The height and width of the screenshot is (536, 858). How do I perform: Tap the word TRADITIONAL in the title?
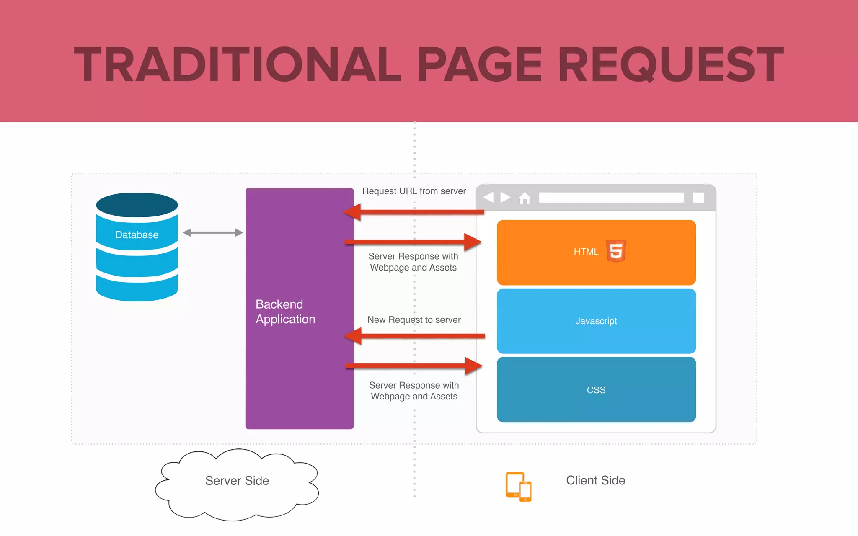tap(237, 65)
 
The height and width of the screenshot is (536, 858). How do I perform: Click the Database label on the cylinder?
tap(137, 235)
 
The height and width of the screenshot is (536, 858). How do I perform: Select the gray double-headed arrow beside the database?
tap(213, 232)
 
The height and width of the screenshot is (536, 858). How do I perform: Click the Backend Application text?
tap(285, 312)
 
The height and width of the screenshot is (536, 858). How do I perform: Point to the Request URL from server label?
tap(414, 191)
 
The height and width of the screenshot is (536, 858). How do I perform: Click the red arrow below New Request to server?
tap(415, 336)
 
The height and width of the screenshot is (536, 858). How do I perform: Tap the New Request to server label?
tap(414, 320)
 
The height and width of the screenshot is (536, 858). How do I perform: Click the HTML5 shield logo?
tap(616, 251)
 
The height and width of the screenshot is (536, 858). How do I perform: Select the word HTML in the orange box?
tap(586, 252)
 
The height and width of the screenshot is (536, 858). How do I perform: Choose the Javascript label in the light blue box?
tap(596, 321)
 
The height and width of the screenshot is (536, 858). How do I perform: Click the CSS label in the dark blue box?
tap(596, 390)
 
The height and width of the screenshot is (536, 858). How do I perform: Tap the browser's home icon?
tap(525, 198)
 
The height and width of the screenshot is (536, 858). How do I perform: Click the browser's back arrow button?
tap(488, 197)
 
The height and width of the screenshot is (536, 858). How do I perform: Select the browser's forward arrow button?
tap(506, 197)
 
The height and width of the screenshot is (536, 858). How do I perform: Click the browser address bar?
tap(611, 198)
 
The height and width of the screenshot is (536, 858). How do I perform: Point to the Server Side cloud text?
tap(237, 481)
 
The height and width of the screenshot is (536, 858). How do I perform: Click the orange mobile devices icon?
tap(518, 487)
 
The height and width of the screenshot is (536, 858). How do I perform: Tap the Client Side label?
tap(595, 480)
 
